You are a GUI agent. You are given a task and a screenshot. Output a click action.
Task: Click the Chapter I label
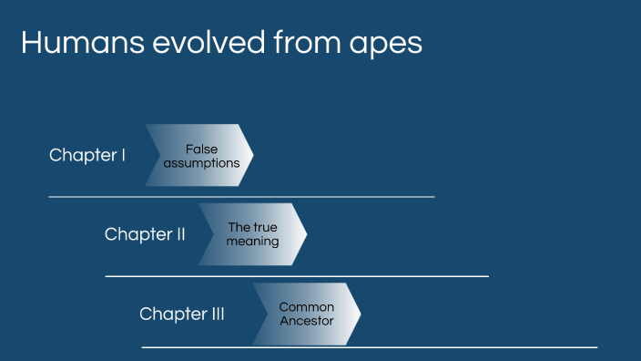tap(87, 155)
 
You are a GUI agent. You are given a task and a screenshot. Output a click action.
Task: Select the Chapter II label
tap(145, 234)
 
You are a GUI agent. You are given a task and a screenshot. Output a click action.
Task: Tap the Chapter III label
tap(181, 314)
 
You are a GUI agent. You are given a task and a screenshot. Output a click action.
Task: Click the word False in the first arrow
tap(201, 149)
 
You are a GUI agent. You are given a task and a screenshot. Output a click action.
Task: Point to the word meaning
tap(252, 242)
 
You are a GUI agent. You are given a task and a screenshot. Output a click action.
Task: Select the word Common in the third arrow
tap(307, 307)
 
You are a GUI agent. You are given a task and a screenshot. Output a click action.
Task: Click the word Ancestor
tap(307, 321)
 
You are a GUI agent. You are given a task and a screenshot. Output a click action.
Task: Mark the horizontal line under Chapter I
tap(241, 196)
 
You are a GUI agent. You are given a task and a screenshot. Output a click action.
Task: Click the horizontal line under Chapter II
tap(297, 275)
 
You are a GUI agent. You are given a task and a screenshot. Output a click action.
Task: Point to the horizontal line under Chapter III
tap(369, 347)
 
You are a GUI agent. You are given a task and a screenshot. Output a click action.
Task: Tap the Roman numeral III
tap(212, 314)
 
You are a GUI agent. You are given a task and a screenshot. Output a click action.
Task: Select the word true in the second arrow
tap(265, 227)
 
